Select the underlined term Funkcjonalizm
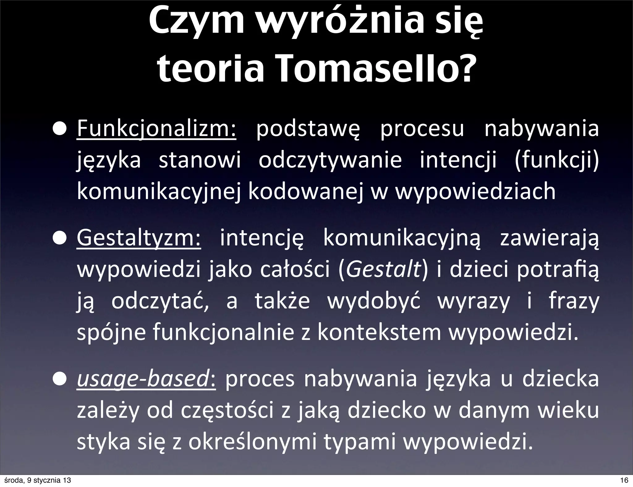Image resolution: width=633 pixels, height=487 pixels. click(156, 129)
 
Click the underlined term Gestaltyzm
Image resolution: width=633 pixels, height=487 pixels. click(139, 239)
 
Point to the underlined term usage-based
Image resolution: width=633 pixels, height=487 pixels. click(147, 380)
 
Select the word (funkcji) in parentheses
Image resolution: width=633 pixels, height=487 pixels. click(556, 160)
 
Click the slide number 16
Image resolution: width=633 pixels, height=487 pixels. click(624, 480)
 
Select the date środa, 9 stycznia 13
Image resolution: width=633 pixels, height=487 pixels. click(36, 480)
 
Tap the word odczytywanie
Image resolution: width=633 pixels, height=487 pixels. click(330, 160)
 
